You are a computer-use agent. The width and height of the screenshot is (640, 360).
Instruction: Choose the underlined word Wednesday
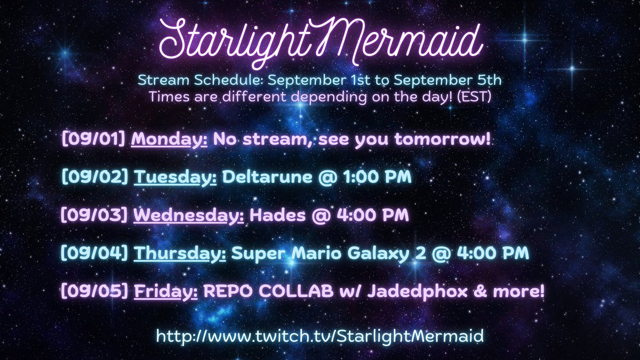(189, 216)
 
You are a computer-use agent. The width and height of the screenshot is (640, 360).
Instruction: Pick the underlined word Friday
(166, 292)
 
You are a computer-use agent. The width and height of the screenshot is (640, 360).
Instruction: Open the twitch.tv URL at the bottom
(320, 336)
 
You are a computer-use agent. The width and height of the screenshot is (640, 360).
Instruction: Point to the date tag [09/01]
(94, 140)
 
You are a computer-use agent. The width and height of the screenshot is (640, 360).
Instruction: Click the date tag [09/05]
(95, 292)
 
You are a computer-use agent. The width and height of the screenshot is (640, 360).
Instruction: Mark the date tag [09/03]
(95, 216)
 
